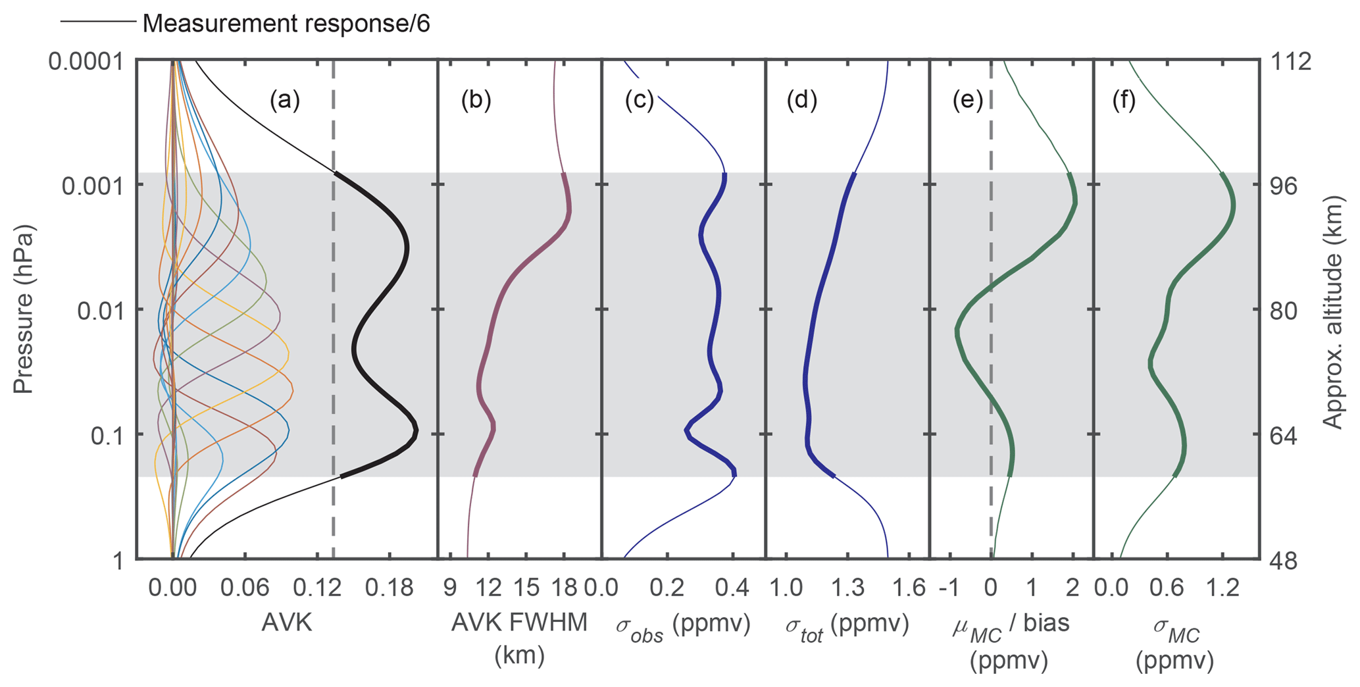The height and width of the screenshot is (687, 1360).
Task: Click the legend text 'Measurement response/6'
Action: point(286,24)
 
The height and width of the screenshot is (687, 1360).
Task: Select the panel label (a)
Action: point(284,100)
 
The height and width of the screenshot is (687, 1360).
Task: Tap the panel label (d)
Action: point(801,100)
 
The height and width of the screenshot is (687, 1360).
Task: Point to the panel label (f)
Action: point(1124,100)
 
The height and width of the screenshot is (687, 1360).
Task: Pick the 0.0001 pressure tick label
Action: point(86,62)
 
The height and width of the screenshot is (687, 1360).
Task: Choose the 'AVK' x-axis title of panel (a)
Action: point(286,623)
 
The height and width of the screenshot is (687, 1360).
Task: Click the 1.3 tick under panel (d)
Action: point(848,588)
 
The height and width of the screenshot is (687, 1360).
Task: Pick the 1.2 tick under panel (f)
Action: point(1223,588)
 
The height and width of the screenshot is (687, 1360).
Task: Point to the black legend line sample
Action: point(99,22)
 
